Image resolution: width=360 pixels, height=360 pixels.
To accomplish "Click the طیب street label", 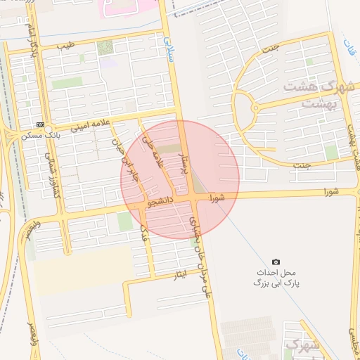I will [66, 46].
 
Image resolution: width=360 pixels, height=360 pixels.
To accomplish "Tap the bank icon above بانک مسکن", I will [40, 124].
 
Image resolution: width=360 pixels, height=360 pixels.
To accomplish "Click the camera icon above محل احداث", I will [276, 262].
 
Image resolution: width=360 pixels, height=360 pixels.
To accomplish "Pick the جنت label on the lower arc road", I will [302, 165].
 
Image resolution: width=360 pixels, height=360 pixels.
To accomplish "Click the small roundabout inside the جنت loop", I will [255, 108].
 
